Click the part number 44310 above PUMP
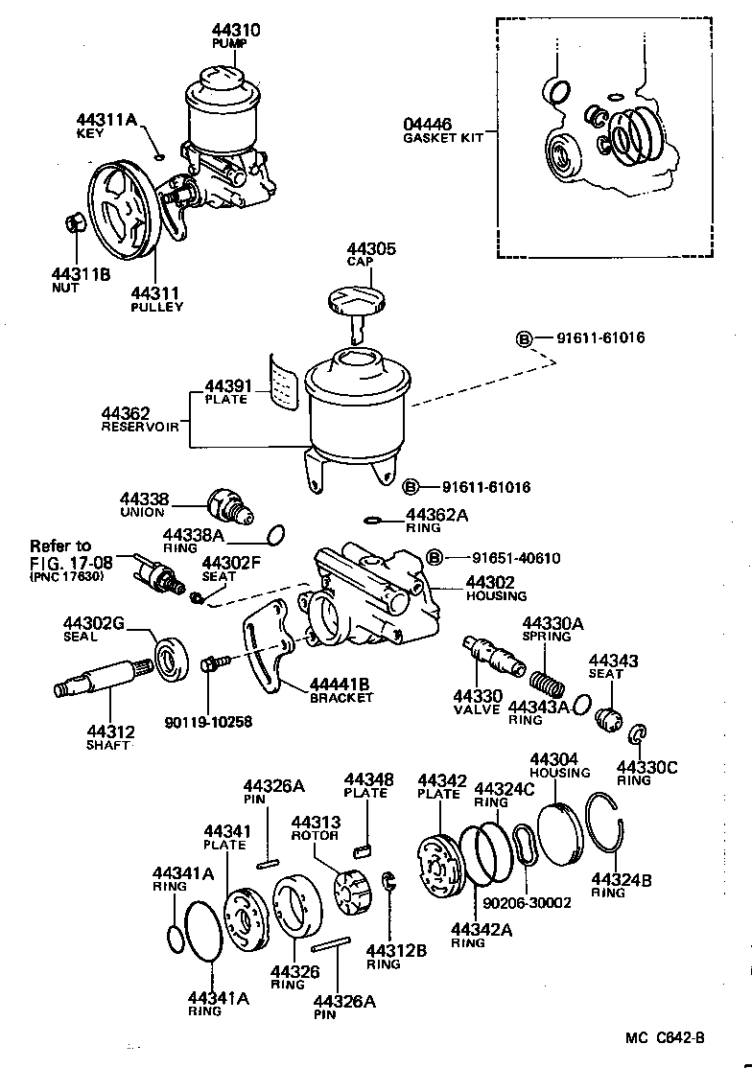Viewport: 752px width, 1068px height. pyautogui.click(x=236, y=30)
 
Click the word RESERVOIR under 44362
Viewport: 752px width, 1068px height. pyautogui.click(x=140, y=427)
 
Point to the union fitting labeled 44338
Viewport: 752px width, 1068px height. pyautogui.click(x=230, y=505)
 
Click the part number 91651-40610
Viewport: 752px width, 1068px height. pyautogui.click(x=516, y=559)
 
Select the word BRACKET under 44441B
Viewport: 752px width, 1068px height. pyautogui.click(x=341, y=698)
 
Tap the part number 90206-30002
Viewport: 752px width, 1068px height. pyautogui.click(x=527, y=902)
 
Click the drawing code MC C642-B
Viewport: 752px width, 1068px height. pyautogui.click(x=665, y=1038)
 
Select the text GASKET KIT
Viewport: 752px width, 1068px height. pyautogui.click(x=443, y=138)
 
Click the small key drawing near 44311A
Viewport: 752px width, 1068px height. pyautogui.click(x=158, y=157)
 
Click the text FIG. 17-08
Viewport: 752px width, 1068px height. pyautogui.click(x=72, y=564)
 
